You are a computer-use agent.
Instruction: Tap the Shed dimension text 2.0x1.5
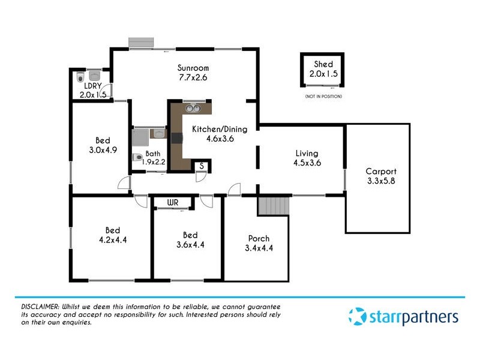point(323,74)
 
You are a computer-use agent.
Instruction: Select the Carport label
point(381,171)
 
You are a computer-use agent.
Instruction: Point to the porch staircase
point(274,206)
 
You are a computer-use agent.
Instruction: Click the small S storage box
point(202,166)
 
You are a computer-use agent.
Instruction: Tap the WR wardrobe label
point(173,202)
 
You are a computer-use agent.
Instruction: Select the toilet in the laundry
point(80,77)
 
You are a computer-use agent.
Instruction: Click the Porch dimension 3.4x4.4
point(259,248)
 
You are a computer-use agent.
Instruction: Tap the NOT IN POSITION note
point(323,97)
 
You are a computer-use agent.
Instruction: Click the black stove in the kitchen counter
point(176,138)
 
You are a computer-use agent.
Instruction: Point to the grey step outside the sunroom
point(142,42)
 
